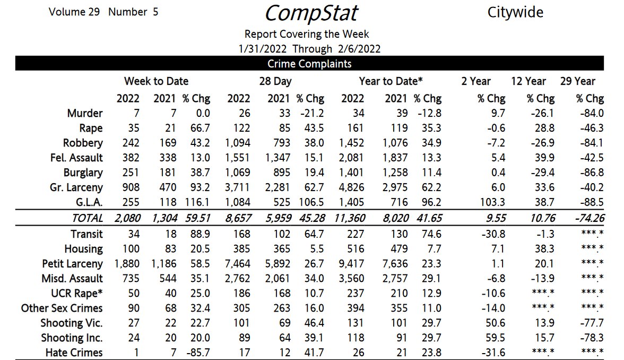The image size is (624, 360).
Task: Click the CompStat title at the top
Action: (x=311, y=13)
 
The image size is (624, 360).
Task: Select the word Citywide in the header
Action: (x=515, y=12)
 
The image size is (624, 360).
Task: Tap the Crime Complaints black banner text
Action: (x=309, y=64)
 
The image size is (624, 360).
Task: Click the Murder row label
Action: (x=85, y=113)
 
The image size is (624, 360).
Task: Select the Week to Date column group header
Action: (x=156, y=81)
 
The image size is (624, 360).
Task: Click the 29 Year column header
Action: (x=577, y=81)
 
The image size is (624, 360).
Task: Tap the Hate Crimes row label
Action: (x=74, y=353)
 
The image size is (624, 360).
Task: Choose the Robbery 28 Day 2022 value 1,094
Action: (x=239, y=143)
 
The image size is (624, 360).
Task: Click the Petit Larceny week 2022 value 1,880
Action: (x=127, y=264)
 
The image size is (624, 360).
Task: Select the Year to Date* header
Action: (x=391, y=81)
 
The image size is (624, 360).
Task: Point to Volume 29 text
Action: (x=74, y=12)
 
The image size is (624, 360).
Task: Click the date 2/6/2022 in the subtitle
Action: (x=358, y=49)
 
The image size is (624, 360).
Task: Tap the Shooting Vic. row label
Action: (x=72, y=323)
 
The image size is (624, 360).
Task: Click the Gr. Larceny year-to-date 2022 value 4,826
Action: (x=352, y=187)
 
